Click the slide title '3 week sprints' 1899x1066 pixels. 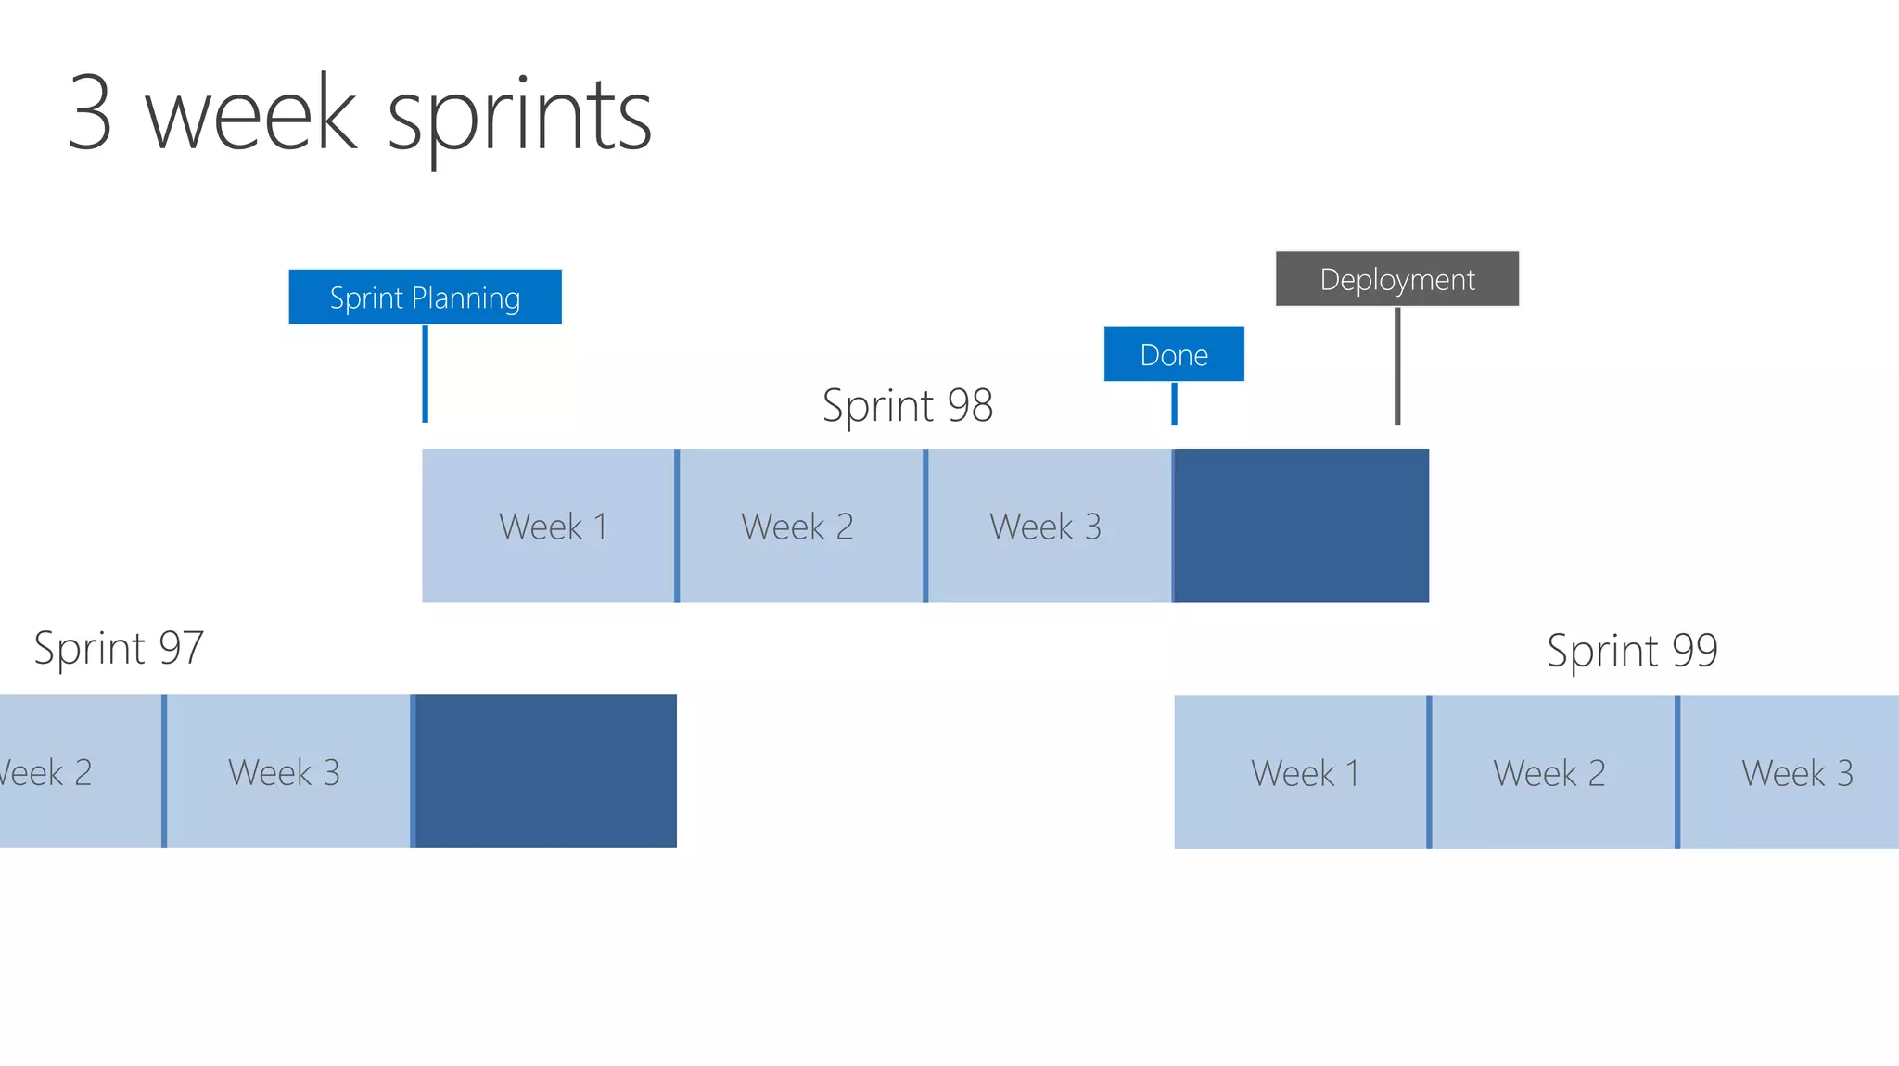pyautogui.click(x=360, y=115)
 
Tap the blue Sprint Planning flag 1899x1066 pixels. pyautogui.click(x=425, y=298)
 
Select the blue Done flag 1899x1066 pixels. pyautogui.click(x=1174, y=354)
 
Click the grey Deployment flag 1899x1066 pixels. pyautogui.click(x=1396, y=279)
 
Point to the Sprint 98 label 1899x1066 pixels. pyautogui.click(x=907, y=406)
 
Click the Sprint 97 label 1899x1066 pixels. pyautogui.click(x=119, y=648)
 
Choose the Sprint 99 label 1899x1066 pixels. pyautogui.click(x=1632, y=651)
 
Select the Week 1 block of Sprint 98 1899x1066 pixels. pyautogui.click(x=548, y=526)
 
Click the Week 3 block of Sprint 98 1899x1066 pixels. pyautogui.click(x=1049, y=526)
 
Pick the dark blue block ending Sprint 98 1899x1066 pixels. pyautogui.click(x=1301, y=526)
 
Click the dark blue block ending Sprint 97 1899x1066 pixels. pyautogui.click(x=545, y=771)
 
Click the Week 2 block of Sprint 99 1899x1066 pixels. pyautogui.click(x=1552, y=772)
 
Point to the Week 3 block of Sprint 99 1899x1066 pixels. pyautogui.click(x=1791, y=772)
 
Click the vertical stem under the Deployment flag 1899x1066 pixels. pyautogui.click(x=1397, y=366)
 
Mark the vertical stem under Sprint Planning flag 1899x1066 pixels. pyautogui.click(x=426, y=374)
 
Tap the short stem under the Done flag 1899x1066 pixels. pyautogui.click(x=1174, y=404)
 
